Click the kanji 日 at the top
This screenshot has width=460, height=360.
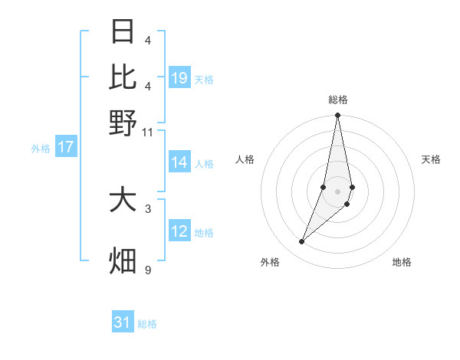coord(123,31)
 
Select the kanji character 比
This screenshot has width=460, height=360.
coord(123,76)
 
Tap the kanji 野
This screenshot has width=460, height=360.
coord(123,122)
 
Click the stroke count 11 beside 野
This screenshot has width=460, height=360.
coord(148,132)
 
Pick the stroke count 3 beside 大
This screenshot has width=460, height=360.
coord(148,207)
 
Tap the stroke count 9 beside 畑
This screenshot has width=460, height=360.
coord(148,270)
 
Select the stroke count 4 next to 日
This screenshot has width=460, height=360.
coord(148,40)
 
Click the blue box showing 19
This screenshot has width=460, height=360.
coord(179,77)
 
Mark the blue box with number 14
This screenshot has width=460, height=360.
coord(179,162)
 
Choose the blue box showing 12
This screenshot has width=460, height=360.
coord(179,231)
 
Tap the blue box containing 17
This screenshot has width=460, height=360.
coord(65,147)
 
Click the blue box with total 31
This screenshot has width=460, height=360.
coord(123,322)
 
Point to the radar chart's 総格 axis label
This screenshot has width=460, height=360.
coord(338,100)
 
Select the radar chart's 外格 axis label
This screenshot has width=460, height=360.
coord(270,262)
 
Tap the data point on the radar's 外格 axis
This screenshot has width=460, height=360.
coord(302,242)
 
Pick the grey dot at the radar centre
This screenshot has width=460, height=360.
coord(338,191)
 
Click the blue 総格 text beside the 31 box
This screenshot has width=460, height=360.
coord(147,324)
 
